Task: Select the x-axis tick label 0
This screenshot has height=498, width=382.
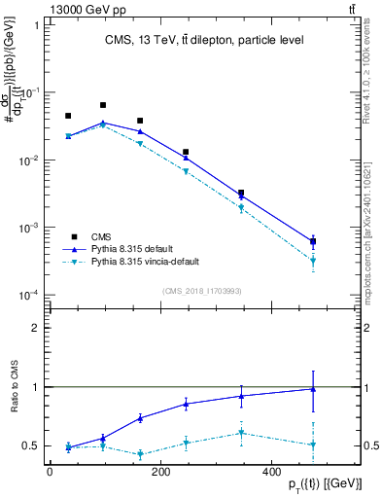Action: tap(50, 473)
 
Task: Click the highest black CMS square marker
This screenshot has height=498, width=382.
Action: tap(103, 105)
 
